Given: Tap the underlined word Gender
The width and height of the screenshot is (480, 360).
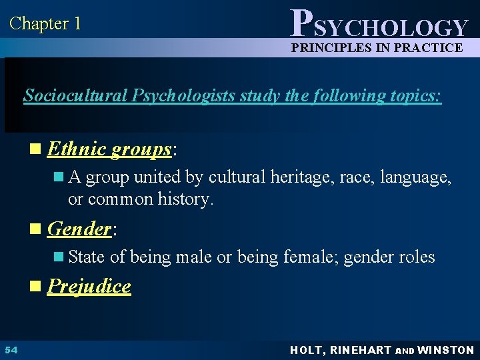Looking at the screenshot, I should pyautogui.click(x=79, y=229).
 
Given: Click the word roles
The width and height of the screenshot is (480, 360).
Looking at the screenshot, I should pyautogui.click(x=417, y=257).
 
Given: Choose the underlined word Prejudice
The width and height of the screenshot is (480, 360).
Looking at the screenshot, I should pyautogui.click(x=89, y=286).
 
